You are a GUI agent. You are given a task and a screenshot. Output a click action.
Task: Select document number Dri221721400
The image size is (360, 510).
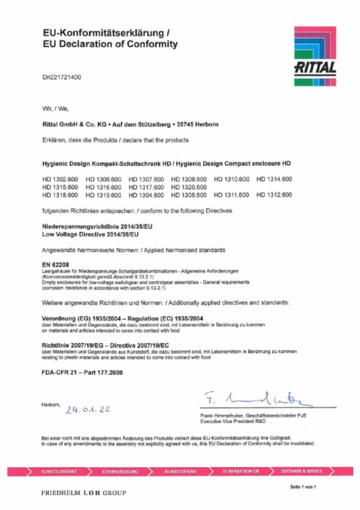click(62, 77)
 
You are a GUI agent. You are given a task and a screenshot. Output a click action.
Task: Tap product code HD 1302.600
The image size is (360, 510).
click(60, 179)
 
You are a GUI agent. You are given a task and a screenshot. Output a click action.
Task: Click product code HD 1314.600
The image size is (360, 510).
click(274, 179)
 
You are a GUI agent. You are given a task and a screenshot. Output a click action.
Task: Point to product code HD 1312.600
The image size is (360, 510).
click(274, 195)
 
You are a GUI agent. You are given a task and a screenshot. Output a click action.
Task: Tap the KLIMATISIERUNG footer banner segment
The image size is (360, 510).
click(181, 471)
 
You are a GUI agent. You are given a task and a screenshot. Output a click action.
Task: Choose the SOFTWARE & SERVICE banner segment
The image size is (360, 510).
click(301, 471)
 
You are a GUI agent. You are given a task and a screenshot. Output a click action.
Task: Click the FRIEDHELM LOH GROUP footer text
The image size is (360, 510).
click(83, 493)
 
